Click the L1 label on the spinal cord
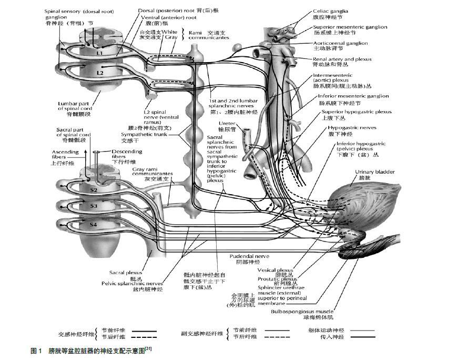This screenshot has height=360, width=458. pyautogui.click(x=99, y=53)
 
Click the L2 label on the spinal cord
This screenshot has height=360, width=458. pyautogui.click(x=99, y=73)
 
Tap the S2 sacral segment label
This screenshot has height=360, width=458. pyautogui.click(x=93, y=189)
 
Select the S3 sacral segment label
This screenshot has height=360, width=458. pyautogui.click(x=93, y=207)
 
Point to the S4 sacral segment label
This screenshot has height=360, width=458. pyautogui.click(x=93, y=225)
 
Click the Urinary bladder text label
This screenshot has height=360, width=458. pyautogui.click(x=374, y=172)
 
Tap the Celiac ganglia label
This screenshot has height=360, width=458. pyautogui.click(x=330, y=11)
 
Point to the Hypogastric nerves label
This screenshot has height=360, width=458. pyautogui.click(x=345, y=127)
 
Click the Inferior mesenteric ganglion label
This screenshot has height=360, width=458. pyautogui.click(x=353, y=96)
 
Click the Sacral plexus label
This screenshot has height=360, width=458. pyautogui.click(x=124, y=273)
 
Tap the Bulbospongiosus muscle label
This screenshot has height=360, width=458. pyautogui.click(x=302, y=312)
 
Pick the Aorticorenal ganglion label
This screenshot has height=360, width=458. pyautogui.click(x=340, y=43)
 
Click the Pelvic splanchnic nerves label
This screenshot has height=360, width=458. pyautogui.click(x=131, y=283)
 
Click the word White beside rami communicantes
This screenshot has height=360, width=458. pyautogui.click(x=170, y=32)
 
